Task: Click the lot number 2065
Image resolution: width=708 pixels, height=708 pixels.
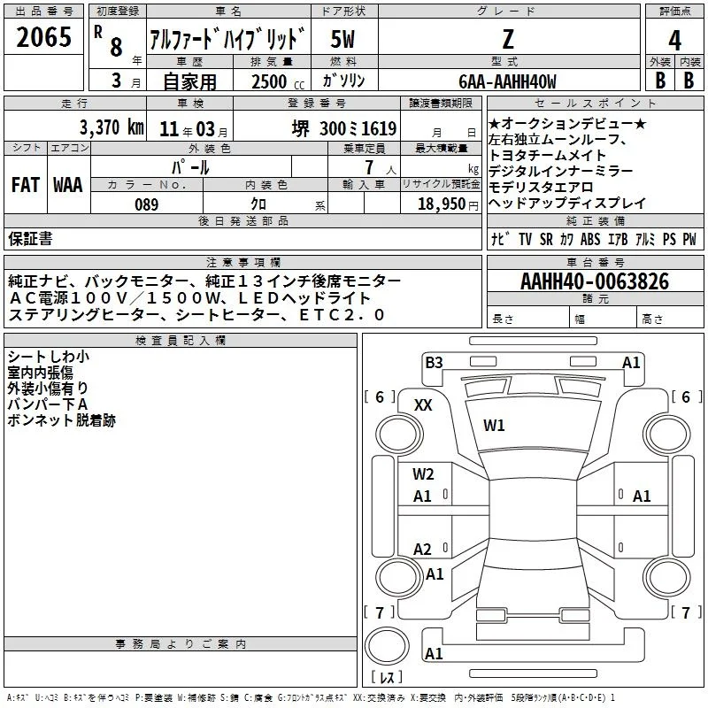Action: pos(43,37)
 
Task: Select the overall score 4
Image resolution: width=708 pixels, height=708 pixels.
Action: pos(674,41)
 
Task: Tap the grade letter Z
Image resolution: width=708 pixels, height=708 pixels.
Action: pos(508,39)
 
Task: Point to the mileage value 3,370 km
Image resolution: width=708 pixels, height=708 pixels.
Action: pos(112,127)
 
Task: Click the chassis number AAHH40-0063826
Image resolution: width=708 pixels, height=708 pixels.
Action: pos(595,281)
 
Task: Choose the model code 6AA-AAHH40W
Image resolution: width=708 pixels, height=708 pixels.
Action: pos(507,81)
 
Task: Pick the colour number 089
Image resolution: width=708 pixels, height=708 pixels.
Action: pos(147,204)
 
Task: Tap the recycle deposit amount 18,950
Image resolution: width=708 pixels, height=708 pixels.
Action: pos(441,204)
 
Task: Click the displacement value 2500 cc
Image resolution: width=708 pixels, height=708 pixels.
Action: pos(278,81)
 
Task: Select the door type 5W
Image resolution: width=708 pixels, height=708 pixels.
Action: pos(342,39)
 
